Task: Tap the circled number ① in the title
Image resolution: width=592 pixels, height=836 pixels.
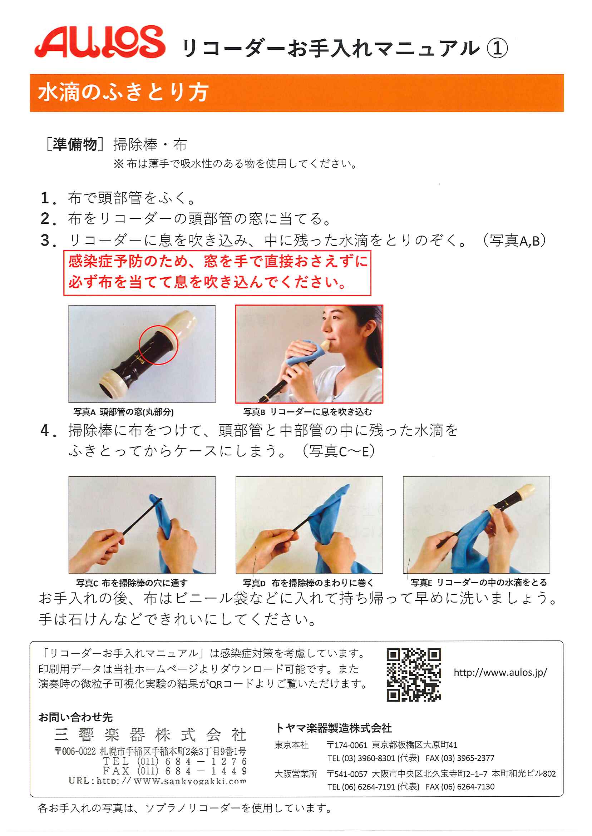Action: pyautogui.click(x=497, y=49)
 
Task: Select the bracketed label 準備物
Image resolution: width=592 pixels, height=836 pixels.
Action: pyautogui.click(x=75, y=144)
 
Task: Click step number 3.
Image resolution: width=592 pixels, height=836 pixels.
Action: pyautogui.click(x=48, y=241)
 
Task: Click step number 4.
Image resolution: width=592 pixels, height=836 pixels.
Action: pyautogui.click(x=48, y=431)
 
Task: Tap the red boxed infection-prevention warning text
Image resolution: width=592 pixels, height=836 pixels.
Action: pyautogui.click(x=217, y=272)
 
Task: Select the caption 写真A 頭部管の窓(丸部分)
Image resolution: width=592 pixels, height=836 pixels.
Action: pyautogui.click(x=124, y=412)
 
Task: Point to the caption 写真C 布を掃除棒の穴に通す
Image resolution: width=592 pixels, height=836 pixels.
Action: pyautogui.click(x=132, y=583)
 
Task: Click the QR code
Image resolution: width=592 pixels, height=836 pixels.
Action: pyautogui.click(x=414, y=675)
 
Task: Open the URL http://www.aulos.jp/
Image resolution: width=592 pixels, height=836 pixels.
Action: pyautogui.click(x=500, y=672)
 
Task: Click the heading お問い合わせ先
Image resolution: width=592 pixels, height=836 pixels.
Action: pyautogui.click(x=75, y=717)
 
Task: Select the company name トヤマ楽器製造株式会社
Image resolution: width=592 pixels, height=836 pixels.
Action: pyautogui.click(x=334, y=728)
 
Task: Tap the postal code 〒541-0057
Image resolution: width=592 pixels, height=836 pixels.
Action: pyautogui.click(x=347, y=774)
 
